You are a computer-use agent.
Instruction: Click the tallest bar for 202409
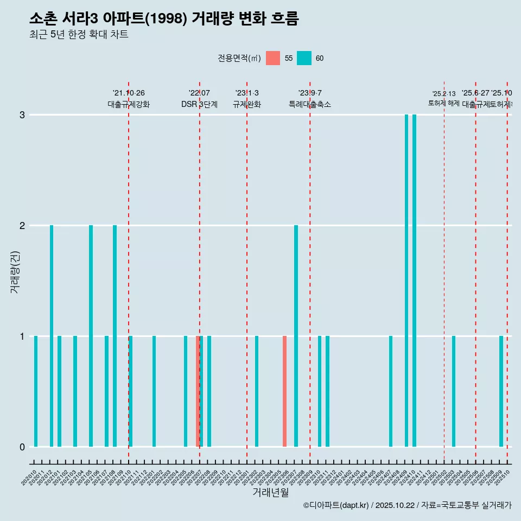pyautogui.click(x=406, y=281)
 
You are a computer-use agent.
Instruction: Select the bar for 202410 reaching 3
pyautogui.click(x=414, y=281)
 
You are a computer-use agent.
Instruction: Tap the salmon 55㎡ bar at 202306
pyautogui.click(x=284, y=391)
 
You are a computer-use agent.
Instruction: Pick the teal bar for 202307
pyautogui.click(x=296, y=336)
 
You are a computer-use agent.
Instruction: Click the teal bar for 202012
pyautogui.click(x=52, y=336)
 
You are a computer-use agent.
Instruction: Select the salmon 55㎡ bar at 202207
pyautogui.click(x=198, y=391)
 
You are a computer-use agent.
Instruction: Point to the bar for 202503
pyautogui.click(x=454, y=391)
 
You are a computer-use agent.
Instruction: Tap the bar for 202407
pyautogui.click(x=391, y=391)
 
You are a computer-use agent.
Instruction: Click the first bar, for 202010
pyautogui.click(x=36, y=391)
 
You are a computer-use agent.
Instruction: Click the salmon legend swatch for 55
pyautogui.click(x=273, y=58)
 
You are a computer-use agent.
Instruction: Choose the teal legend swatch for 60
pyautogui.click(x=304, y=58)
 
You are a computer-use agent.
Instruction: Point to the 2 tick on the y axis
pyautogui.click(x=22, y=226)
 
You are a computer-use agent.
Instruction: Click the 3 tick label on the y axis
pyautogui.click(x=22, y=115)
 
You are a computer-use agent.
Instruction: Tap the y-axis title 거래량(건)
pyautogui.click(x=15, y=271)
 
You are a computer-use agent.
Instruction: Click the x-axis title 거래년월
pyautogui.click(x=270, y=492)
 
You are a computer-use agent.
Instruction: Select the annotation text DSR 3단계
pyautogui.click(x=199, y=104)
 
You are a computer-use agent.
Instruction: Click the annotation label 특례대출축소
pyautogui.click(x=309, y=104)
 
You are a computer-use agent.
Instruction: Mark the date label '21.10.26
pyautogui.click(x=129, y=93)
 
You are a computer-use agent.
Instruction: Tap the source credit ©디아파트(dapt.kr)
pyautogui.click(x=336, y=505)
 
